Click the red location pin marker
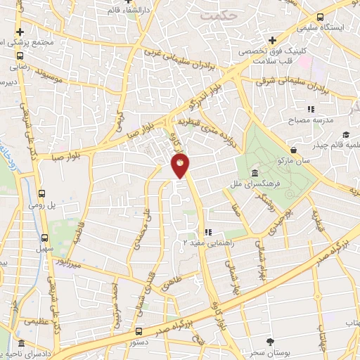point(181,167)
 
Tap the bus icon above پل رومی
point(42,193)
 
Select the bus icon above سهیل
point(45,237)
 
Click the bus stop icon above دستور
point(139,330)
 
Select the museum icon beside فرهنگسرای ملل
point(252,173)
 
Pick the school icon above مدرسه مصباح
point(309,109)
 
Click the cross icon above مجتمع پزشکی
point(20,32)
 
